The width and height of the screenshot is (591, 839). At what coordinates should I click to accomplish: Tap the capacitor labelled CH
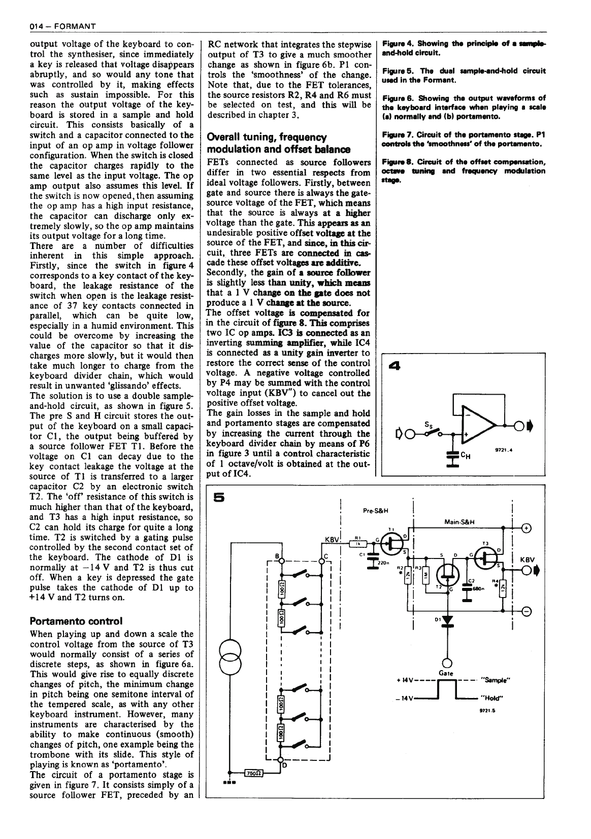(x=450, y=456)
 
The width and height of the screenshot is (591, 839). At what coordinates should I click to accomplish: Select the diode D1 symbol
(x=447, y=621)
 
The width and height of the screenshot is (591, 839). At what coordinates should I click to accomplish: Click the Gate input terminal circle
(x=447, y=663)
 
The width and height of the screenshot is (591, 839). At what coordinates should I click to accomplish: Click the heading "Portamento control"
(x=76, y=621)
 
